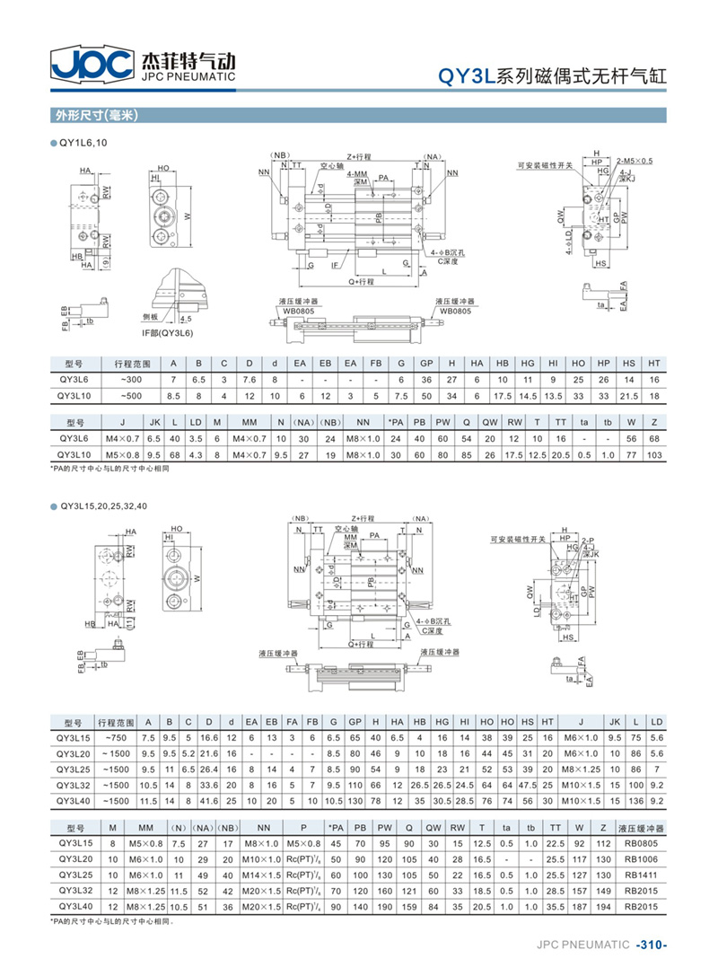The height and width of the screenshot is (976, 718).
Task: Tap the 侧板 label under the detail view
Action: [x=151, y=317]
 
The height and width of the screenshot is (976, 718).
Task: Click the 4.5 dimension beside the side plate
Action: [x=186, y=318]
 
